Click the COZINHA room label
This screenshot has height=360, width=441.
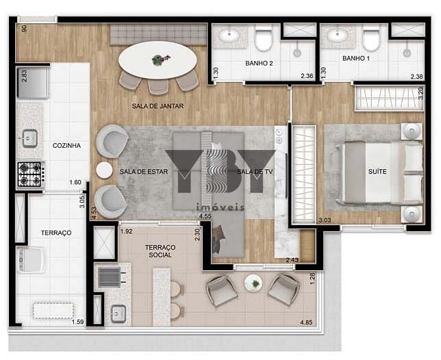66,146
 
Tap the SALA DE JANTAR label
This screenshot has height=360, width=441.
157,106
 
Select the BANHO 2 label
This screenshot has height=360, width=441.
259,63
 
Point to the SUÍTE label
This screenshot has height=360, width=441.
377,171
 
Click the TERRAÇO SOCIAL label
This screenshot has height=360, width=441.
160,251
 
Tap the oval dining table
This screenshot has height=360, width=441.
157,60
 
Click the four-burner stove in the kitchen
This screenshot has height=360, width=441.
29,175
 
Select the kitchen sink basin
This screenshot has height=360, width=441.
30,138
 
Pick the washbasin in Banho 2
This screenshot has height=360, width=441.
229,35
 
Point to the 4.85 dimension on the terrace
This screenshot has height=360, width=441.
306,322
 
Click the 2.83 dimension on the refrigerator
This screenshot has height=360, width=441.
25,76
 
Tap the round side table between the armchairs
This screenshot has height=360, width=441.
104,170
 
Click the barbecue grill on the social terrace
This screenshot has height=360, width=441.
110,277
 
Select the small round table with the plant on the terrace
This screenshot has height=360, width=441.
253,283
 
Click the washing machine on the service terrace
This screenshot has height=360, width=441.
31,260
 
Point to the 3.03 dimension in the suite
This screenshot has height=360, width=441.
325,220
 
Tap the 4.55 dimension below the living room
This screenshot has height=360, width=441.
205,216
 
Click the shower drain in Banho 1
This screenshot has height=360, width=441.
406,53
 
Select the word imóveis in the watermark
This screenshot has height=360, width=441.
220,207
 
